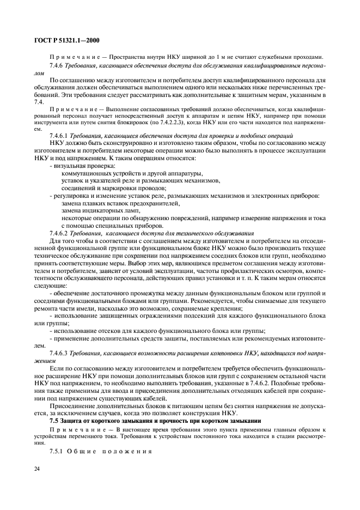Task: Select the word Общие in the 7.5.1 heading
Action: [x=81, y=451]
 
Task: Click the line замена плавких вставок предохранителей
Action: [x=120, y=203]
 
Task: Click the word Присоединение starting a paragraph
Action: [x=72, y=406]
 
